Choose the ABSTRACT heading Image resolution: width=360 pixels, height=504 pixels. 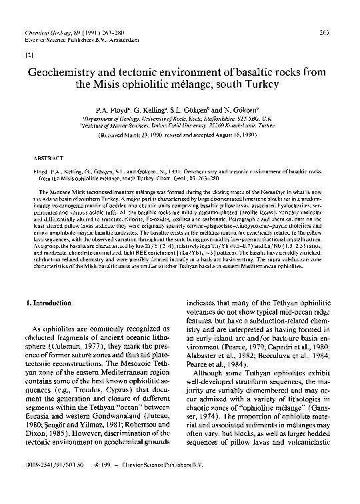[x=44, y=159]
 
